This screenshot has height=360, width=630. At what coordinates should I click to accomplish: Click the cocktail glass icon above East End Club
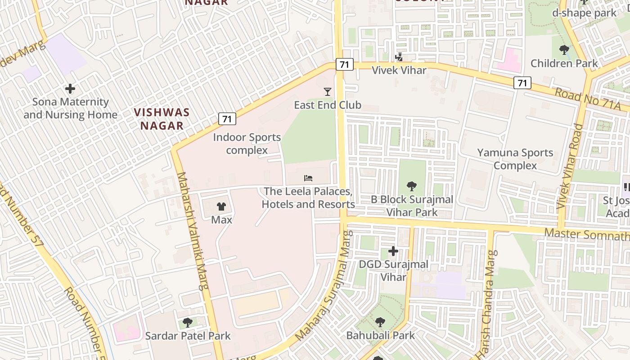pos(327,92)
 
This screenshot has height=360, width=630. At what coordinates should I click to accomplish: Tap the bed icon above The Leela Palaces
pos(308,178)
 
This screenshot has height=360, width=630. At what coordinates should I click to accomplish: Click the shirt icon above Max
pos(221,207)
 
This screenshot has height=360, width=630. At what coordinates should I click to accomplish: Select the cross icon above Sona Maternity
pos(70,89)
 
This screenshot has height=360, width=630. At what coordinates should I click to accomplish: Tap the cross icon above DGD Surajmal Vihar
pos(393,251)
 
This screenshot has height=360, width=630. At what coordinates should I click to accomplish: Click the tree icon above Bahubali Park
pos(380,322)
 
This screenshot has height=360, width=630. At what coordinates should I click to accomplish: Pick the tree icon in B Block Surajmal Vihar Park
pos(411,186)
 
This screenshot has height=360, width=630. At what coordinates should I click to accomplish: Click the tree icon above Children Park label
pos(564,49)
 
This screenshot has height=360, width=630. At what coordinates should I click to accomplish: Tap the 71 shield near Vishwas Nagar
pos(227,119)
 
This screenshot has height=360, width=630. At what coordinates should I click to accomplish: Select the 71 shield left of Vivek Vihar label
pos(344,64)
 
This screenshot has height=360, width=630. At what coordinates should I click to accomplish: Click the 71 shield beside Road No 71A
pos(522,83)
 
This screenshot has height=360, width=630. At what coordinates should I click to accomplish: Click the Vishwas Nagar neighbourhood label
pos(162,119)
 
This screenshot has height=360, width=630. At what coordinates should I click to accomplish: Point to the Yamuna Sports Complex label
pos(515,159)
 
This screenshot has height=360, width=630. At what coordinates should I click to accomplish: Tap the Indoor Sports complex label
pos(247,144)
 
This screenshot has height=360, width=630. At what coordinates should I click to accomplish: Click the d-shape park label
pos(584,13)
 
